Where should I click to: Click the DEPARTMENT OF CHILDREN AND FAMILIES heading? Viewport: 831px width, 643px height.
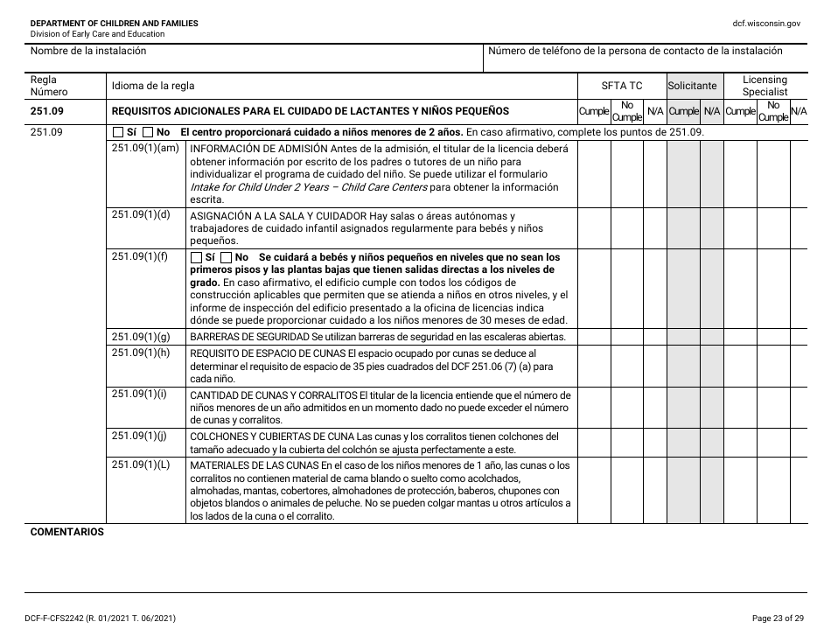(114, 23)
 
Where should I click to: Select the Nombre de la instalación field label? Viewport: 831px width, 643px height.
(88, 51)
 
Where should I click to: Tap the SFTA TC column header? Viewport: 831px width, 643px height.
(621, 86)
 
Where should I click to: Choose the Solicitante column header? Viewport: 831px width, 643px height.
(692, 86)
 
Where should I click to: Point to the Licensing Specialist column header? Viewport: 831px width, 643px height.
(765, 86)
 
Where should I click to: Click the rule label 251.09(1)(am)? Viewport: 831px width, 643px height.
(145, 148)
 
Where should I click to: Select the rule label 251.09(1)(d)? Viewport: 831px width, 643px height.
(140, 214)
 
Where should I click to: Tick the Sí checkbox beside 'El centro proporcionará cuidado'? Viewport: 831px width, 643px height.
(119, 132)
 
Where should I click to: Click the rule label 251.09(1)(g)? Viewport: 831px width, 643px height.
(140, 337)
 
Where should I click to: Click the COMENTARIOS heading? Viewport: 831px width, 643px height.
(67, 532)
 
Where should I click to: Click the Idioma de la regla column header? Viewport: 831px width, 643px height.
(153, 86)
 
